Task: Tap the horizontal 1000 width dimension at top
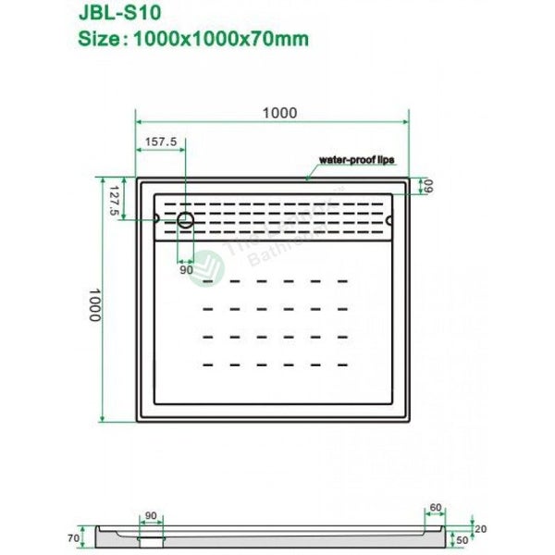279,113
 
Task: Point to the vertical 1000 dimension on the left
94,302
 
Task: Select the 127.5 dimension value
114,200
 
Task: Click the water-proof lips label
356,159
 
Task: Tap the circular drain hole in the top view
186,220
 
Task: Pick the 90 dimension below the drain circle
186,270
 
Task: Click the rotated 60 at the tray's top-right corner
428,186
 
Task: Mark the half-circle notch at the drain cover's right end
391,220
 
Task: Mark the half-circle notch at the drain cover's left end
155,219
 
